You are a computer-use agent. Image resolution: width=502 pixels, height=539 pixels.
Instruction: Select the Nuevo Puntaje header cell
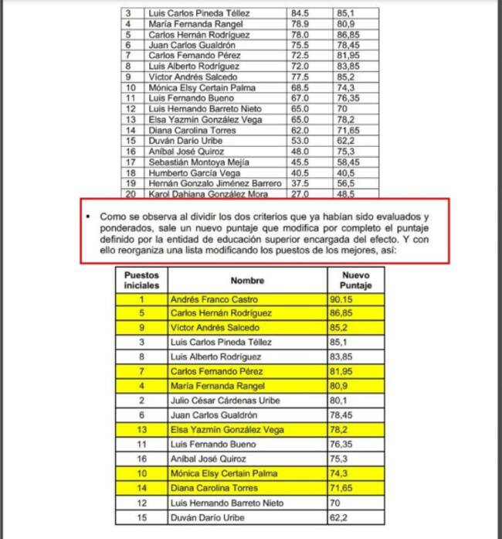coord(355,280)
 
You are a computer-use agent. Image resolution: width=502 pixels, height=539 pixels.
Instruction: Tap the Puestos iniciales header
coord(141,280)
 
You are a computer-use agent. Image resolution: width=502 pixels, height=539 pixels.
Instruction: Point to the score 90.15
coord(345,299)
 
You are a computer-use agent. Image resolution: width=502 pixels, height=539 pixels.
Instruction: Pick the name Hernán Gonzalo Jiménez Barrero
coord(209,185)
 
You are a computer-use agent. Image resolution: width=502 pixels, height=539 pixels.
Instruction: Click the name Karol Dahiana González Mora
coord(203,195)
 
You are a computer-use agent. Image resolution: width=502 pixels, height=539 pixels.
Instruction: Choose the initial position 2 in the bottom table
coord(141,401)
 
